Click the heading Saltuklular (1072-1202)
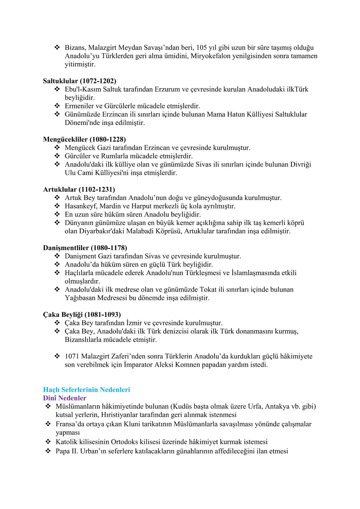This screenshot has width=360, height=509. click(80, 81)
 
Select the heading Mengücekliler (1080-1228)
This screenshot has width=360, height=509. click(84, 139)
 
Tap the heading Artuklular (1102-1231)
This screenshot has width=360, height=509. click(79, 189)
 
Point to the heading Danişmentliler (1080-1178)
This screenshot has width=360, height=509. click(85, 248)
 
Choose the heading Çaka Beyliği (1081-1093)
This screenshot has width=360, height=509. click(82, 314)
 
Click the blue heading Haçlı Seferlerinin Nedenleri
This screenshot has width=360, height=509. click(87, 389)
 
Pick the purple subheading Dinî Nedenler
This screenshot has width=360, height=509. click(65, 398)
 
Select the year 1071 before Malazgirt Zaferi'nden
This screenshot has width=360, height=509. click(72, 356)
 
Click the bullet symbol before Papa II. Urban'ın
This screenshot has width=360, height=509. click(48, 451)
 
